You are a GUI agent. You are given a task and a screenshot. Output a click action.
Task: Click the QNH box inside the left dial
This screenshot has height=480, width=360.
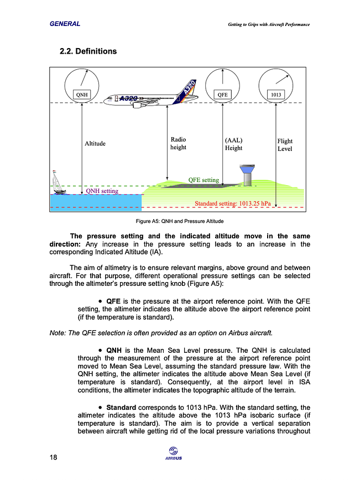pos(82,95)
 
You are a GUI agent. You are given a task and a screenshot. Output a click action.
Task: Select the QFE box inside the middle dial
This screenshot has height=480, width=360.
pos(222,95)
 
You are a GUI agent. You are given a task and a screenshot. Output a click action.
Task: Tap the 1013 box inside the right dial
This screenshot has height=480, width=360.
pos(276,95)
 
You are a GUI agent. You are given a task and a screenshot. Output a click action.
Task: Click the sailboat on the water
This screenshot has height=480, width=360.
pos(57,182)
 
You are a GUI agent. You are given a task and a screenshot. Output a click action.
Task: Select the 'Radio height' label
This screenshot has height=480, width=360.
pos(178,143)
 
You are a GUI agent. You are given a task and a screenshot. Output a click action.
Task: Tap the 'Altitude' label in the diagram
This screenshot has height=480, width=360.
pos(95,144)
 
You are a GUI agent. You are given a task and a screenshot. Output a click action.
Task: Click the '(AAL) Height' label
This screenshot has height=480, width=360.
pos(233,144)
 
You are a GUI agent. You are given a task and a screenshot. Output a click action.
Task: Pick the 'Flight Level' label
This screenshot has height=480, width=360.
pos(285,145)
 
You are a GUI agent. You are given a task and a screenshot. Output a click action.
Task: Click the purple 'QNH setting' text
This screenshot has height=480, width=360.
pos(102,191)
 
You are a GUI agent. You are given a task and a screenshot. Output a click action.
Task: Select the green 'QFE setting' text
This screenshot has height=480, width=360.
pos(204,180)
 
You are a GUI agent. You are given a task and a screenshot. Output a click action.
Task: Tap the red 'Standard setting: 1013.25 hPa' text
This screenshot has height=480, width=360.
pos(232,204)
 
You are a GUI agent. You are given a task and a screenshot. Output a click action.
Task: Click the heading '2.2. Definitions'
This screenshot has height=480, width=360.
pos(88,51)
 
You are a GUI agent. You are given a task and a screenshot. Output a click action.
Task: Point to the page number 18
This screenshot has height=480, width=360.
pos(53,457)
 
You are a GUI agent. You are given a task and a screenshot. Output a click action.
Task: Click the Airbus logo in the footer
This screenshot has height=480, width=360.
pos(174,453)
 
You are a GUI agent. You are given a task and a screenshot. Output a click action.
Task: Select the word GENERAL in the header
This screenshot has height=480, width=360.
pos(65,24)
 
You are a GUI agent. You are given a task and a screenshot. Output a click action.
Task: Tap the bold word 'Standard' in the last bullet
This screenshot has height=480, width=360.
pos(121,408)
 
